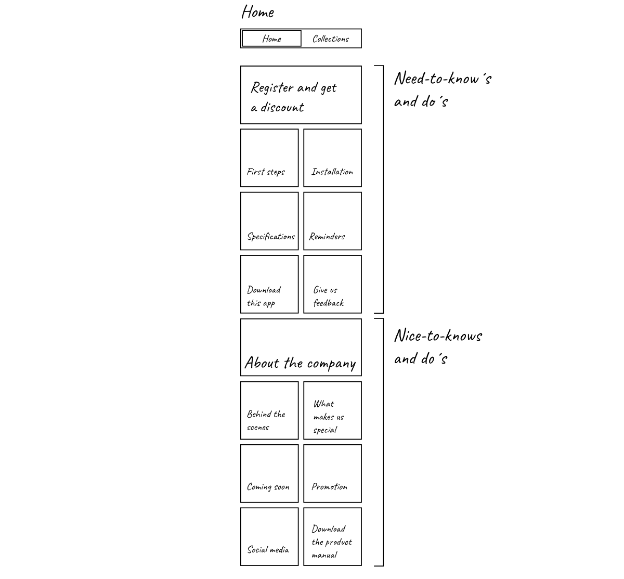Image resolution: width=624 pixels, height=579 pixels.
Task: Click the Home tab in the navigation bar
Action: click(x=271, y=38)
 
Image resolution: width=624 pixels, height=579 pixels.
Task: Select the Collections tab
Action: click(x=331, y=38)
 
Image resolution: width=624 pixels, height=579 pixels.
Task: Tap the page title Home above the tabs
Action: click(x=257, y=12)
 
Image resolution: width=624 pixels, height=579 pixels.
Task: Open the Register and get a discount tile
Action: click(x=301, y=95)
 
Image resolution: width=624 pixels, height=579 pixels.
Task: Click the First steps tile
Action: click(x=269, y=158)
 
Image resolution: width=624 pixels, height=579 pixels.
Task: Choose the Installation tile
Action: click(x=332, y=158)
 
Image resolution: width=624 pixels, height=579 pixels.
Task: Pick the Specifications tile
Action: click(x=269, y=221)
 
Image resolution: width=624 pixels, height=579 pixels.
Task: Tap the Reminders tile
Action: click(x=332, y=221)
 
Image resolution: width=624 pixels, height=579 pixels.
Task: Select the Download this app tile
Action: click(x=269, y=284)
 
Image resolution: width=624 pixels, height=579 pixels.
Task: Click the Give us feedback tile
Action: click(x=332, y=284)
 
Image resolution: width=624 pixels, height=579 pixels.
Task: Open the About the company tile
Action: click(x=301, y=348)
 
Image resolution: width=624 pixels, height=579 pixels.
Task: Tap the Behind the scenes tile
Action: click(x=269, y=410)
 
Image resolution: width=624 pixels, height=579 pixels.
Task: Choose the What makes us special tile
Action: click(x=332, y=410)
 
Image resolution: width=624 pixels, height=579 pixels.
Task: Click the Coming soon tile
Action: click(x=269, y=473)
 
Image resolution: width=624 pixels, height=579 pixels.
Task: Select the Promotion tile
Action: click(x=332, y=473)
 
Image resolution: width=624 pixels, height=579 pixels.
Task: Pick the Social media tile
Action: click(x=269, y=536)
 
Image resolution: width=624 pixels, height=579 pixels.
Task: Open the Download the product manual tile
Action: click(x=332, y=536)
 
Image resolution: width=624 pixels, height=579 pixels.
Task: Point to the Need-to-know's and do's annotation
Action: click(x=443, y=89)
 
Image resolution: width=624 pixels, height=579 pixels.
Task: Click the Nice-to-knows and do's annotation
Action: click(x=438, y=346)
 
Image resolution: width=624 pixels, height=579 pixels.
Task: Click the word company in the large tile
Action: click(x=331, y=364)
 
